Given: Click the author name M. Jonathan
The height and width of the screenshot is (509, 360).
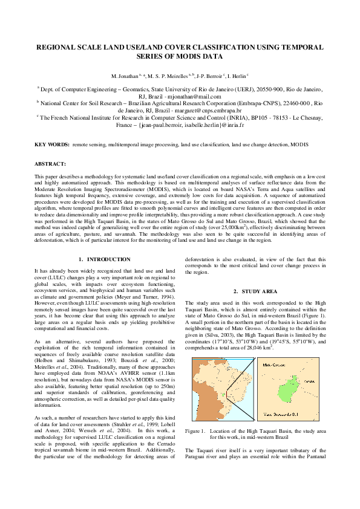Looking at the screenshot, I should coord(124,77).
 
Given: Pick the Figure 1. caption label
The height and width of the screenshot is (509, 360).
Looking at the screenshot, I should coord(195,430).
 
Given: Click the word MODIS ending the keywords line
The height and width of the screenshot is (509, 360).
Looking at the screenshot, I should coord(298,145).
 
